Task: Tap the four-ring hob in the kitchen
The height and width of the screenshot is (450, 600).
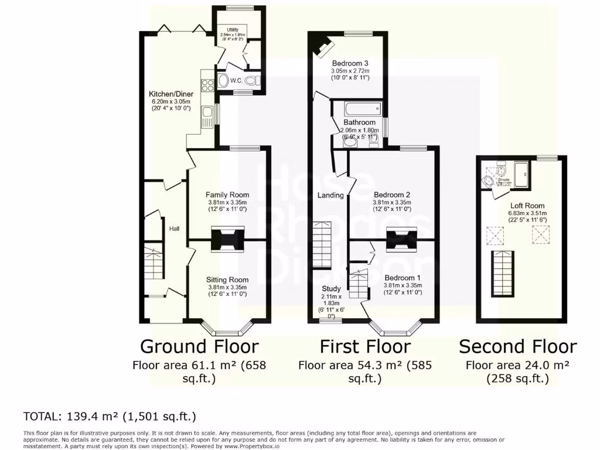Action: [x=207, y=85]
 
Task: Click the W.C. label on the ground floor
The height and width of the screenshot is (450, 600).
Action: [x=237, y=81]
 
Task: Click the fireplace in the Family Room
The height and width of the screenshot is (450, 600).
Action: [x=227, y=238]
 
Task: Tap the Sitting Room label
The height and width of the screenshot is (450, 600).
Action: [x=227, y=279]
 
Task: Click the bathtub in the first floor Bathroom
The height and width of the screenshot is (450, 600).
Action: [x=362, y=109]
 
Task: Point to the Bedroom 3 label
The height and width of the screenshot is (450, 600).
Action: [x=350, y=63]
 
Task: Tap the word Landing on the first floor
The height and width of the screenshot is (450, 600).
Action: [x=330, y=195]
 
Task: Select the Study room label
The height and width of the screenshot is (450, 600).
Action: [x=331, y=288]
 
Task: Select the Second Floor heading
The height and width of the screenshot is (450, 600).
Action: [x=517, y=346]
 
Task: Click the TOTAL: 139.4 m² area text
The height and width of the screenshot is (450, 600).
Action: [x=109, y=417]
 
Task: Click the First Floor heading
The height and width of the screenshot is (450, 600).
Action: [x=364, y=346]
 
